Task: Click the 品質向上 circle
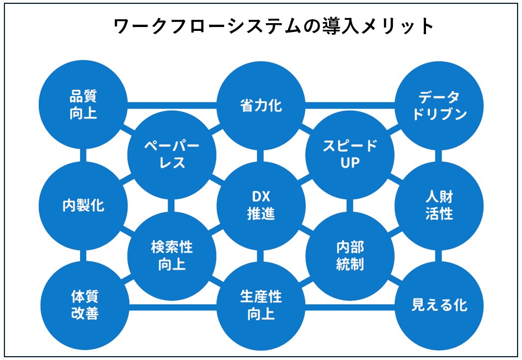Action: click(83, 105)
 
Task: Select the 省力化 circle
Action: click(261, 105)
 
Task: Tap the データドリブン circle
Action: click(439, 105)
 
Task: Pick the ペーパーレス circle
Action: click(172, 154)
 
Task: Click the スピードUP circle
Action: click(350, 154)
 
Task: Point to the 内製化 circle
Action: click(83, 206)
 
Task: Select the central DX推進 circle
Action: click(261, 206)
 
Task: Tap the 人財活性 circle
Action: click(439, 206)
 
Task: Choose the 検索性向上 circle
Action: click(172, 255)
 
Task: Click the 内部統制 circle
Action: click(350, 255)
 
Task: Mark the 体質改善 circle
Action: click(83, 305)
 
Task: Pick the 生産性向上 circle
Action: click(261, 305)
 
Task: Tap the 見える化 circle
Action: click(439, 305)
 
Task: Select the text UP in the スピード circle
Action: click(350, 164)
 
